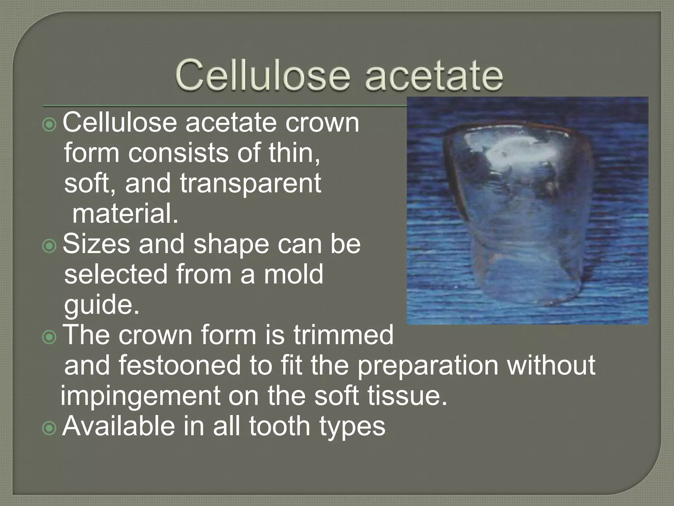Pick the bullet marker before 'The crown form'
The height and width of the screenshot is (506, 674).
coord(50,337)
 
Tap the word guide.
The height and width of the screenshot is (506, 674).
coord(102,305)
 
